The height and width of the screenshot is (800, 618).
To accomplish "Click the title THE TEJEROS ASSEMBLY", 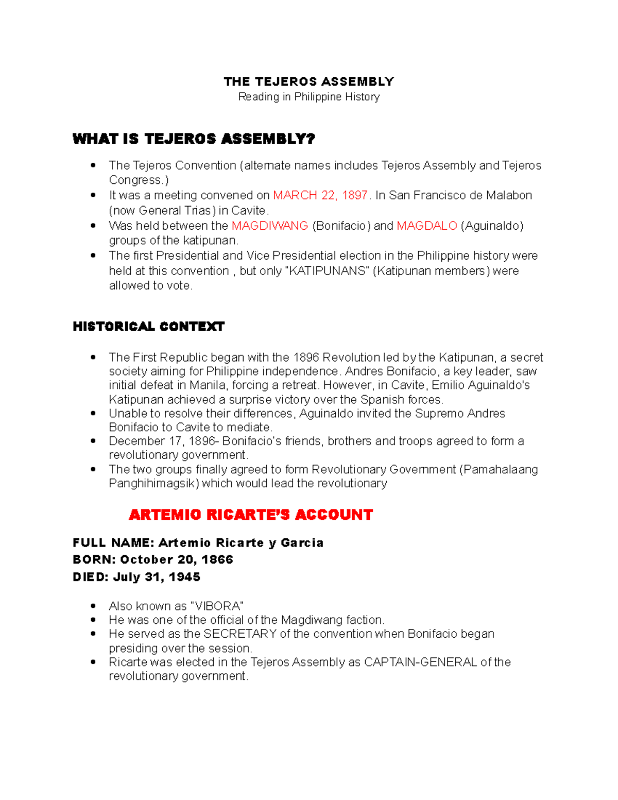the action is (x=308, y=81).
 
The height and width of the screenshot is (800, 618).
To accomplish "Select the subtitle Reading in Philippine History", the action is (x=308, y=97).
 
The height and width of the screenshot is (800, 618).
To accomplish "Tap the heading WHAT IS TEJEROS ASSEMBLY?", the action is (x=194, y=139).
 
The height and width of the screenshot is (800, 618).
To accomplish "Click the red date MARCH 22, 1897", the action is (x=320, y=195).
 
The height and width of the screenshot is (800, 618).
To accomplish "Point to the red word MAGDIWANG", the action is (x=270, y=226).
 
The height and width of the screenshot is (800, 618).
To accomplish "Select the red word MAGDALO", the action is (x=427, y=226).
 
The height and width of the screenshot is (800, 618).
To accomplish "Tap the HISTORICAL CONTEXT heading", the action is (x=148, y=327).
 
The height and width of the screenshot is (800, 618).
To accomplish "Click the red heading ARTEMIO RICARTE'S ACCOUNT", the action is (x=250, y=515).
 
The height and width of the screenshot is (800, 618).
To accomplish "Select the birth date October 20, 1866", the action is (x=176, y=559).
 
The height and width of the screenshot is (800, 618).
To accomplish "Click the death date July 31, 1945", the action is (x=156, y=577).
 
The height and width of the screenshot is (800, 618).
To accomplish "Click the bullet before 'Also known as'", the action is (x=93, y=606).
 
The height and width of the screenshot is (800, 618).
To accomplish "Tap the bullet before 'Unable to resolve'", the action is (x=93, y=414).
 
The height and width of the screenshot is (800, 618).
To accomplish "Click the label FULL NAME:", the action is (x=113, y=543).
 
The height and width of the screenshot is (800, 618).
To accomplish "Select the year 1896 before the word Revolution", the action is (x=306, y=358).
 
